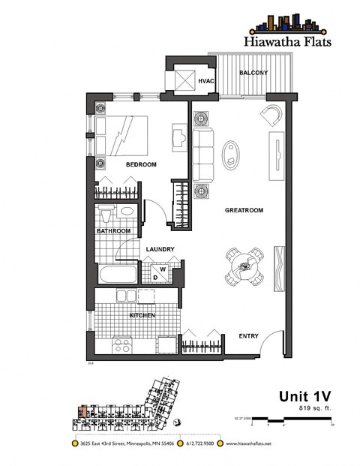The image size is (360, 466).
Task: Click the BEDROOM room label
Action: pos(140,164)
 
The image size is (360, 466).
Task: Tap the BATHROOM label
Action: pos(114,231)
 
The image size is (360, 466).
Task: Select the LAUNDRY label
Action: pos(160,250)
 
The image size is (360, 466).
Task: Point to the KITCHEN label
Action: pos(142,316)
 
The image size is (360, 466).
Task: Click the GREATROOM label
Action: pos(244,211)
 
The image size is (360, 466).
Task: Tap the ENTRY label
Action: pos(250,335)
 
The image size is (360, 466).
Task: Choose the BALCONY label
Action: pos(249,73)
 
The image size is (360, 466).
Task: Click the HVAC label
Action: pos(207,81)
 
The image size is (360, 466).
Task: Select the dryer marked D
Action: pos(155,277)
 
